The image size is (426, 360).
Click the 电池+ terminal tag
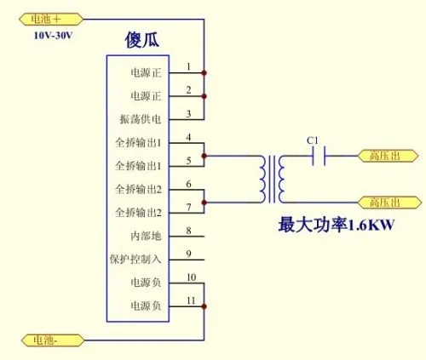click(51, 20)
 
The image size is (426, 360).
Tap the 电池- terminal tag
click(53, 340)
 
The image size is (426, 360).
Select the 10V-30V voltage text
click(53, 36)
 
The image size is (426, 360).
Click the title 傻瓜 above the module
click(141, 40)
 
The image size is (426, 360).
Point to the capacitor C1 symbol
click(319, 156)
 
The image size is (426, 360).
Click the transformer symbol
click(272, 180)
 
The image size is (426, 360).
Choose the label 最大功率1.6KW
click(337, 225)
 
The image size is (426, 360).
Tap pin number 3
click(188, 114)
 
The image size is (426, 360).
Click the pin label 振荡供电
click(141, 119)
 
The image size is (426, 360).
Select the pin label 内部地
click(146, 236)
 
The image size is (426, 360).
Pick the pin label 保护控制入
click(135, 259)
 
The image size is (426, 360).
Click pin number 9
click(188, 254)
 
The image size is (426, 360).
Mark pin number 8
click(188, 231)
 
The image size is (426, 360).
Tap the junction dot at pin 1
click(204, 73)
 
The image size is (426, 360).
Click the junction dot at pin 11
click(204, 306)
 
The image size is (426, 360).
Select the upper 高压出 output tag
click(388, 156)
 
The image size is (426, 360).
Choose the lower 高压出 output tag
click(389, 203)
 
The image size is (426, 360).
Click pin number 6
click(188, 184)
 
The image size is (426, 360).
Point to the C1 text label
click(313, 140)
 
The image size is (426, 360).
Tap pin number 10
click(191, 277)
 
